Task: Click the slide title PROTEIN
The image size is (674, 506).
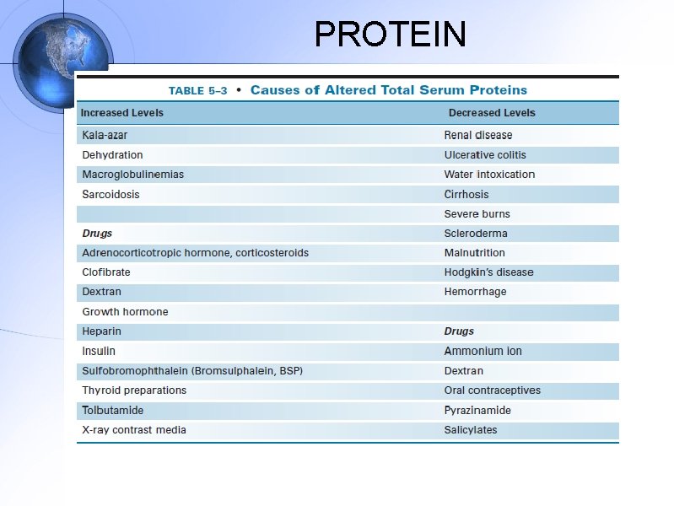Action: tap(390, 35)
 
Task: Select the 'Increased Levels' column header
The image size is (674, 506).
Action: tap(122, 113)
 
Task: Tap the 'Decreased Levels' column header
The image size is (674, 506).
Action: tap(492, 113)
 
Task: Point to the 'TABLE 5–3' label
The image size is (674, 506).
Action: tap(197, 91)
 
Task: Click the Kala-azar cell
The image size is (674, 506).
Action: tap(105, 135)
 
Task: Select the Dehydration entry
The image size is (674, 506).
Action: tap(112, 155)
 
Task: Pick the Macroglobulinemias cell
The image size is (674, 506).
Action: tap(132, 175)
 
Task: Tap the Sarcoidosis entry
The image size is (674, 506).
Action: tap(111, 194)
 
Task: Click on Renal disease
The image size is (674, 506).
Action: tap(478, 135)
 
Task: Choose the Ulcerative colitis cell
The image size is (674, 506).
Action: tap(485, 155)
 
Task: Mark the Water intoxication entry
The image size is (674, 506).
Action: tap(489, 175)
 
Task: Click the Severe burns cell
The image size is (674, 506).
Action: tap(477, 214)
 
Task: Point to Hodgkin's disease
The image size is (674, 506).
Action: tap(488, 272)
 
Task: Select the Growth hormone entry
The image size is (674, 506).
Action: tap(125, 312)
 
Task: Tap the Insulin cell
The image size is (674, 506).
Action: tap(99, 351)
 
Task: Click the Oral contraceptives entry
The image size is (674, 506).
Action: tap(493, 390)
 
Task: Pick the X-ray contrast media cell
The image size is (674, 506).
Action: tap(134, 430)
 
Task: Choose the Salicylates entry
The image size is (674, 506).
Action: tap(471, 430)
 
